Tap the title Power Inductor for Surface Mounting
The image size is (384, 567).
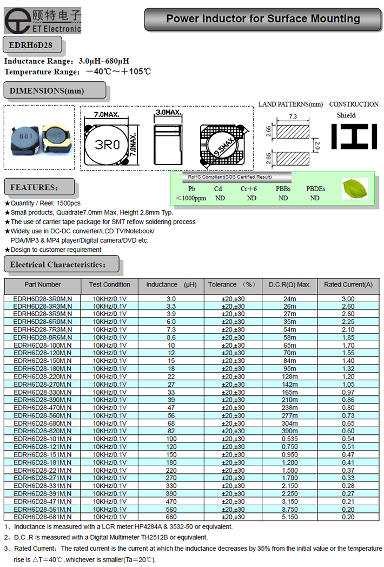click(x=263, y=19)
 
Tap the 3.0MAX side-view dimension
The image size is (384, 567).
click(x=168, y=113)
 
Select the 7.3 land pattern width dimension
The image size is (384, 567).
click(x=293, y=116)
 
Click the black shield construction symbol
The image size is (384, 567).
click(x=354, y=136)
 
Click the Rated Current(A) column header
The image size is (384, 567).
click(x=348, y=284)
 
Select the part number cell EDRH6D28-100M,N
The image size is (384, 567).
click(x=43, y=345)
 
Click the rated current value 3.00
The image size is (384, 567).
click(x=348, y=298)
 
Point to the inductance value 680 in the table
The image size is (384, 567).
click(x=171, y=517)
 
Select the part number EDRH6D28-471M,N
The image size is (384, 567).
click(x=43, y=501)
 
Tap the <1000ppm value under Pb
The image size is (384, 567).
click(x=191, y=198)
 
